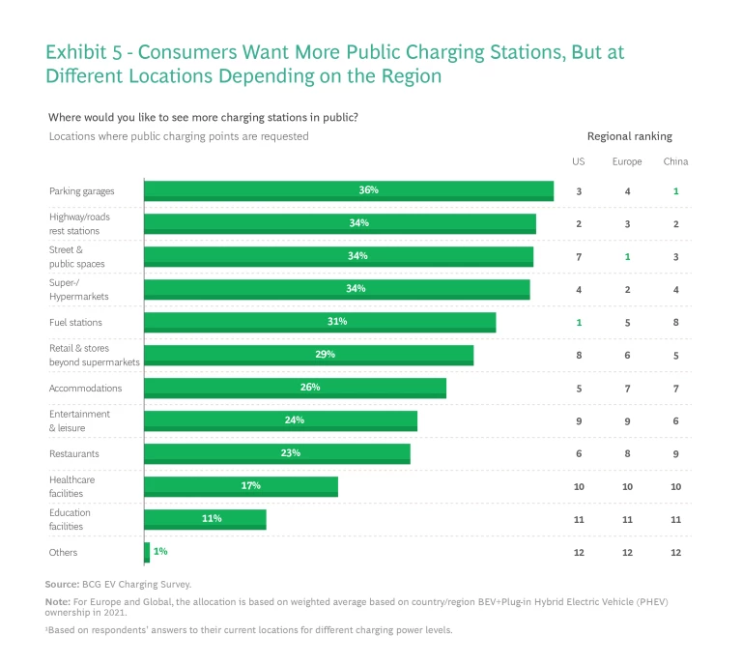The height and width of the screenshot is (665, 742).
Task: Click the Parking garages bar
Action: tap(348, 190)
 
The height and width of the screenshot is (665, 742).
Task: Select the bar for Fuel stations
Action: tap(319, 322)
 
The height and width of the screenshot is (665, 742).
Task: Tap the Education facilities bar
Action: tap(205, 519)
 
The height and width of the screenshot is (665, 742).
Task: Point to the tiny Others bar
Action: tap(147, 552)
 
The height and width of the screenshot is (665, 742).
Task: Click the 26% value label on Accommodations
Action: tap(309, 387)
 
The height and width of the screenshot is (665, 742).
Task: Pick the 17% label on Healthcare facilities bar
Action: tap(250, 485)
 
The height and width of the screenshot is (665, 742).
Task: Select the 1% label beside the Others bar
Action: tap(160, 551)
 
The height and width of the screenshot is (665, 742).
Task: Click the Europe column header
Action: tap(627, 161)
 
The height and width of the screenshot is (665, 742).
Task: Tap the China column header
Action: tap(675, 161)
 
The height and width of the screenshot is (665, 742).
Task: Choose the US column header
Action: tap(579, 161)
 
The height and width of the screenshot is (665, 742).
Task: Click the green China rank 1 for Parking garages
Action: tap(676, 191)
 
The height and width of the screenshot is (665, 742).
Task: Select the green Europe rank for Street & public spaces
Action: tap(628, 256)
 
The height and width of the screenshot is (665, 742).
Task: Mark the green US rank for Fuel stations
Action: tap(579, 322)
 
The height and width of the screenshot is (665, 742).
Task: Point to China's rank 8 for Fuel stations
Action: tap(676, 322)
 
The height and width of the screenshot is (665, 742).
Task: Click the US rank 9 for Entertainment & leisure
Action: tap(579, 420)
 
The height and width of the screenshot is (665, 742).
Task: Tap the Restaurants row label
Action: tap(74, 453)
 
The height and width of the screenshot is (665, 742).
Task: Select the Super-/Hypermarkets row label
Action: tap(79, 290)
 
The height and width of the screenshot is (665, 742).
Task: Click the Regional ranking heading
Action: tap(629, 136)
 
